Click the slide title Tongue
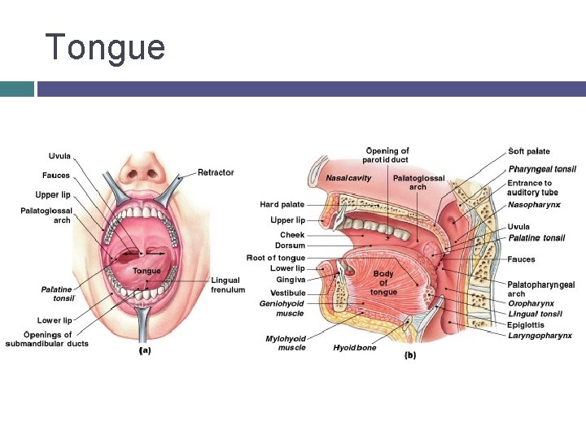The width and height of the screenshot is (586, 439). (x=105, y=48)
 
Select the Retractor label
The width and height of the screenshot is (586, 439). (x=216, y=172)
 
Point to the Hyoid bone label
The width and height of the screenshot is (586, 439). (x=354, y=348)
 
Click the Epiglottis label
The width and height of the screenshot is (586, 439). (x=526, y=325)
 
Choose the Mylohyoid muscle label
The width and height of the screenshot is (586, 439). (x=286, y=343)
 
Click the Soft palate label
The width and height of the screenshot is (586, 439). (x=529, y=151)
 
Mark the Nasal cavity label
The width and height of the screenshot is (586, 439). (x=348, y=178)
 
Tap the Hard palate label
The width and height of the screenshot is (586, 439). (x=282, y=205)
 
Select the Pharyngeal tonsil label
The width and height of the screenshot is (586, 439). (x=542, y=169)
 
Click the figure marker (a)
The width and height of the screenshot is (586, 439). (x=145, y=351)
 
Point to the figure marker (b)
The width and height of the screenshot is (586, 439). (x=410, y=355)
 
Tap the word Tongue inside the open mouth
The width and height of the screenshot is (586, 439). (x=146, y=271)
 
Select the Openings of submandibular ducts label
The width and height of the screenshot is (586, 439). (x=47, y=339)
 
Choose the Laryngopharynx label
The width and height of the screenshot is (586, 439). (x=540, y=336)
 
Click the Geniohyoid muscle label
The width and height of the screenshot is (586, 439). (x=282, y=308)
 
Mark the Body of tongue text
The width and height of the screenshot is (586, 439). (x=383, y=283)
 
